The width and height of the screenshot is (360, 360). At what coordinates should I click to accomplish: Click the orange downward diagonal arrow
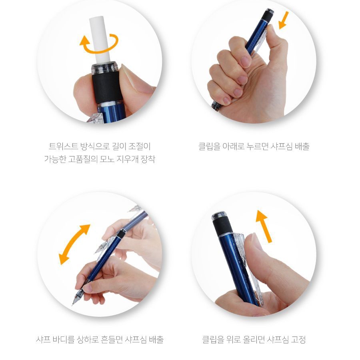click(283, 20)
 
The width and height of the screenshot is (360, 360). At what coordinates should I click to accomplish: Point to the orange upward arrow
click(264, 226)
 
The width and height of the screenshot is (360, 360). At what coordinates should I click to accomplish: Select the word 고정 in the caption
click(298, 339)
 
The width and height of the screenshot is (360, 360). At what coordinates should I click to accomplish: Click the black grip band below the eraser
click(106, 87)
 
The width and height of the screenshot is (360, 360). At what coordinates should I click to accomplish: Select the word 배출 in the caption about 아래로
click(302, 146)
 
